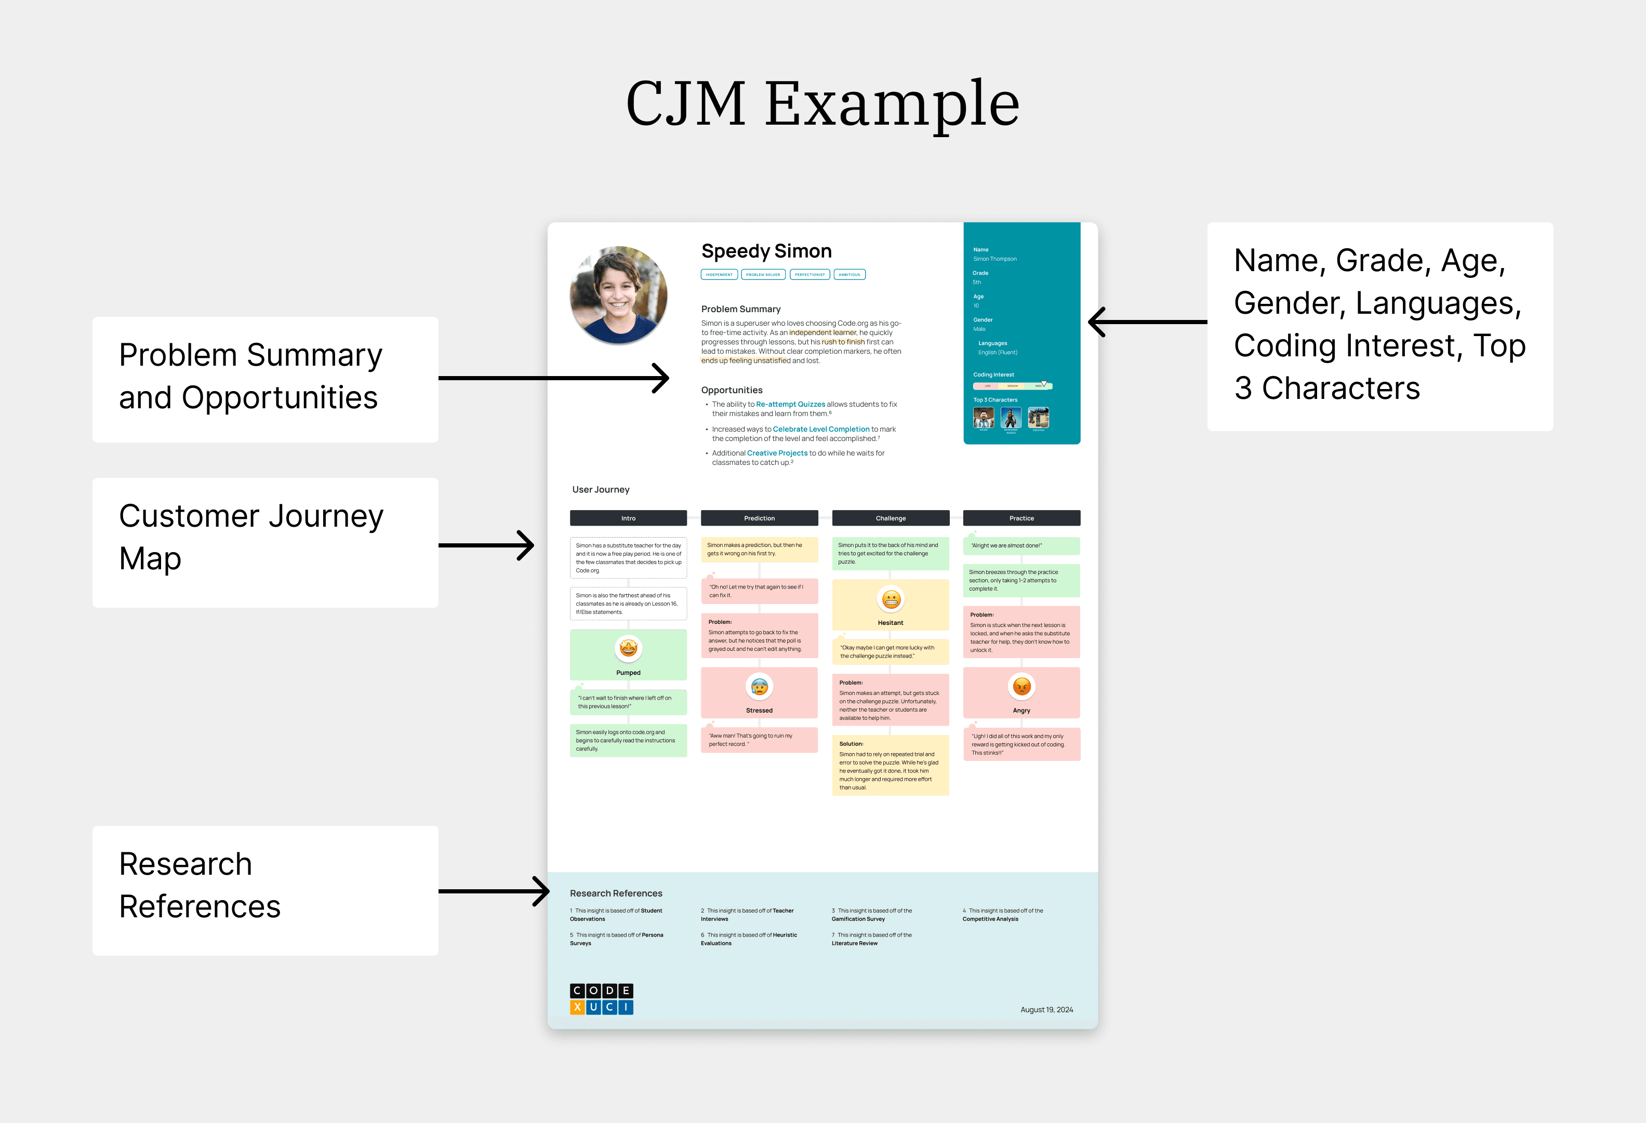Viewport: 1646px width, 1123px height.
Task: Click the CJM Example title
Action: coord(822,103)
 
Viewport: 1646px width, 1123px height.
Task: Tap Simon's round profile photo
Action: coord(618,295)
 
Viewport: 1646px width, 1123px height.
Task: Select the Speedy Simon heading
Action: coord(766,251)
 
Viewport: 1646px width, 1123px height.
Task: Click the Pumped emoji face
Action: coord(628,648)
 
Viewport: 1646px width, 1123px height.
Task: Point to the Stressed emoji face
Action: coord(759,686)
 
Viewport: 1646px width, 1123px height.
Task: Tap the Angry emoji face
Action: coord(1021,686)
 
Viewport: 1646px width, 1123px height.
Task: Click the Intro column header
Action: coord(628,518)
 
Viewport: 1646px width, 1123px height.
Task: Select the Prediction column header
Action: coord(759,518)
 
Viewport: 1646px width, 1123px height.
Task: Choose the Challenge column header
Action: coord(891,518)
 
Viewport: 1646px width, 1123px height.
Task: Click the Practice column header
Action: coord(1021,518)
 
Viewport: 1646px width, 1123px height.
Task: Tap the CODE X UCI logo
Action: coord(601,998)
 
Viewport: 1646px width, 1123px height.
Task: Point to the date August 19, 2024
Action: coord(1046,1010)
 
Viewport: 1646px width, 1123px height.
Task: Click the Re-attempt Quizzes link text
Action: coord(790,404)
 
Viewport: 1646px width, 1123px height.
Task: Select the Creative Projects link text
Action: coord(777,453)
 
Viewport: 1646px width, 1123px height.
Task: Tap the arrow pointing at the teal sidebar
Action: coord(1147,322)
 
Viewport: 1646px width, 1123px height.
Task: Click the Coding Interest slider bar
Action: coord(1012,386)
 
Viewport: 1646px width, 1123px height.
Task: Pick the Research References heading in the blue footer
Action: coord(616,893)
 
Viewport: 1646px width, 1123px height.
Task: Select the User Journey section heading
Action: coord(601,489)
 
